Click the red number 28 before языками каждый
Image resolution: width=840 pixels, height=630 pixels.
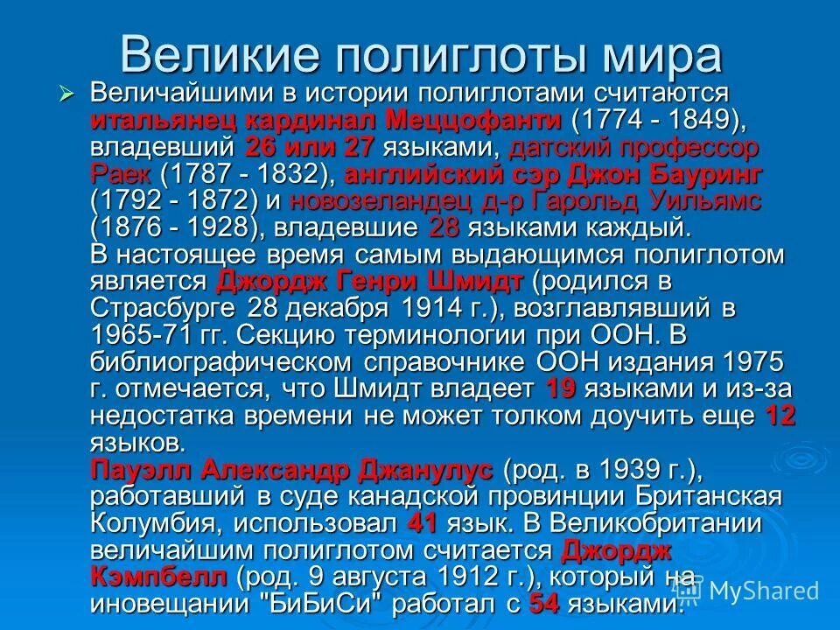pyautogui.click(x=444, y=227)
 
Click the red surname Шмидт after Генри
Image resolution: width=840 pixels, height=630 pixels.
pyautogui.click(x=479, y=282)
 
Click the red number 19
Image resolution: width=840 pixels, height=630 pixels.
pyautogui.click(x=560, y=389)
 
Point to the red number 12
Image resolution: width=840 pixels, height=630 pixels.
pyautogui.click(x=780, y=416)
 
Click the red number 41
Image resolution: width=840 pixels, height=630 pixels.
pyautogui.click(x=423, y=524)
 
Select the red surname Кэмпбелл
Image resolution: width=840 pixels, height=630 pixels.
pyautogui.click(x=158, y=577)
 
